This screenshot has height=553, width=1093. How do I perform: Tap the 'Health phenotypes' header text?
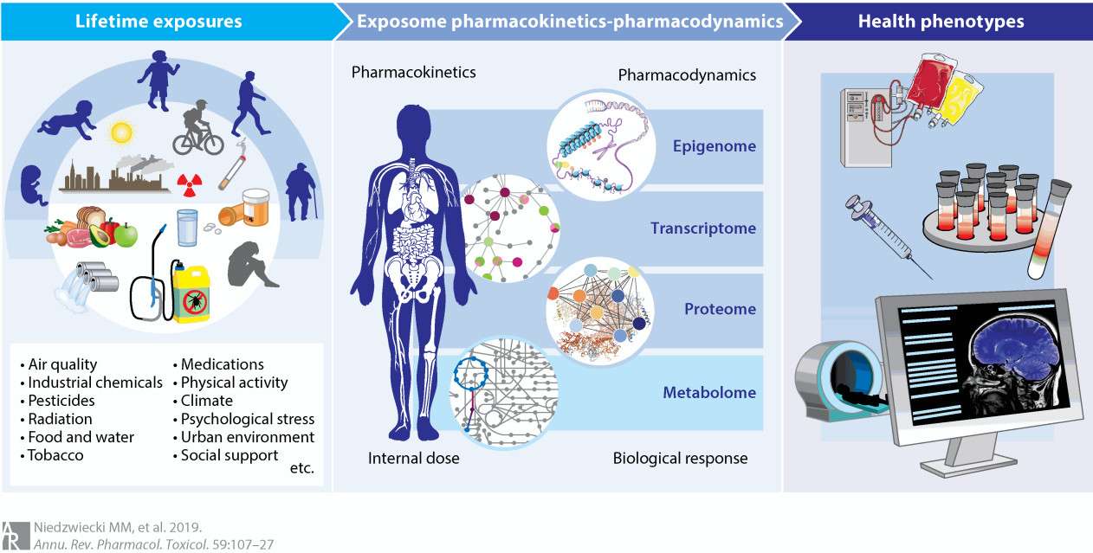941,21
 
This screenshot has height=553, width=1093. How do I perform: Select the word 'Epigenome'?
714,146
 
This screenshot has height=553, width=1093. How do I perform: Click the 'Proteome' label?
720,309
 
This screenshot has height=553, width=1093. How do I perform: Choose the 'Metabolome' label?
709,392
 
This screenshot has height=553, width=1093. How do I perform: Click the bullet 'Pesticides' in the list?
61,401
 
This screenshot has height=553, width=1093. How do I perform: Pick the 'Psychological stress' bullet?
247,419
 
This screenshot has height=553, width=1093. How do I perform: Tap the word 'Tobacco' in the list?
55,455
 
